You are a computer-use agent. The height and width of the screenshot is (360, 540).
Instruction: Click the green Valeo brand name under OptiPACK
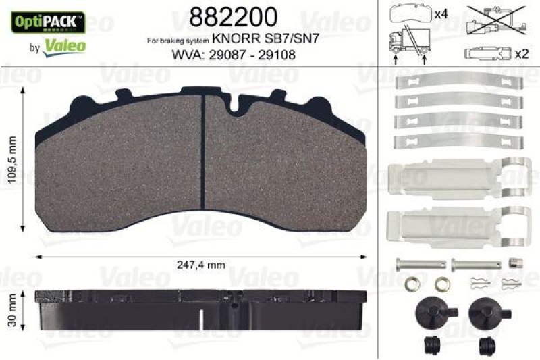click(64, 46)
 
